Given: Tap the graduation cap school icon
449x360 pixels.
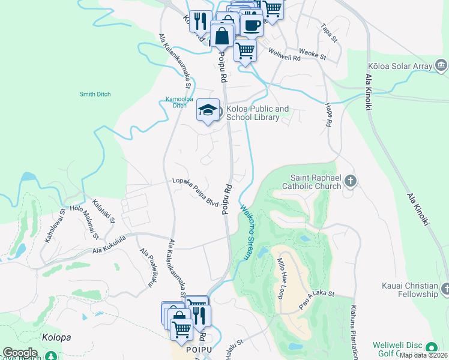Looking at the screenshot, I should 208,110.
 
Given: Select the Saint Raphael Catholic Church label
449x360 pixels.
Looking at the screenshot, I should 316,182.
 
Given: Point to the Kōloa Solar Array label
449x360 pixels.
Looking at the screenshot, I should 401,65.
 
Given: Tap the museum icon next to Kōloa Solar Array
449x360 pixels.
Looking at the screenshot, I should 441,65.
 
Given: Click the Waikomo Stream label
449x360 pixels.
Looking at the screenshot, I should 247,233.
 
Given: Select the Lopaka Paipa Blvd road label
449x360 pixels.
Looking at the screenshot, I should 195,191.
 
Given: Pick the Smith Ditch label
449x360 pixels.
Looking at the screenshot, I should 94,94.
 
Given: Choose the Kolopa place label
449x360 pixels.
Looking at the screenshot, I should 56,337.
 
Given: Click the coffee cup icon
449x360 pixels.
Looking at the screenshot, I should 252,26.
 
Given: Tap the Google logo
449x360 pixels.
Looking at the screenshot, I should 20,353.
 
